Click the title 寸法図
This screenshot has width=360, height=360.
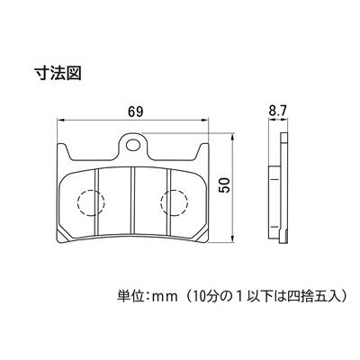[x=58, y=73]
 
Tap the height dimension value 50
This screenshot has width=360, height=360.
[x=224, y=184]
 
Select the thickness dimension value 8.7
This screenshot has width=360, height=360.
[x=276, y=112]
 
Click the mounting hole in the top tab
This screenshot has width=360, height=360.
[x=133, y=145]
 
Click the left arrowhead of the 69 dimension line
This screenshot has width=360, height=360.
[x=61, y=121]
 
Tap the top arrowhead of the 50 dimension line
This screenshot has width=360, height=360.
[x=232, y=137]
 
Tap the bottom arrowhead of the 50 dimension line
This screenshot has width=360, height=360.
[x=232, y=238]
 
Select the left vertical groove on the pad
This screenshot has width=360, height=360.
[x=97, y=202]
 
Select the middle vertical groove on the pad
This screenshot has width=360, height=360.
[x=133, y=202]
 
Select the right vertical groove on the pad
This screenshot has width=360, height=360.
[x=169, y=202]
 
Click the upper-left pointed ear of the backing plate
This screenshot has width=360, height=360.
[x=63, y=151]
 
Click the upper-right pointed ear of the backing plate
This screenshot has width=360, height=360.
[x=202, y=151]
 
